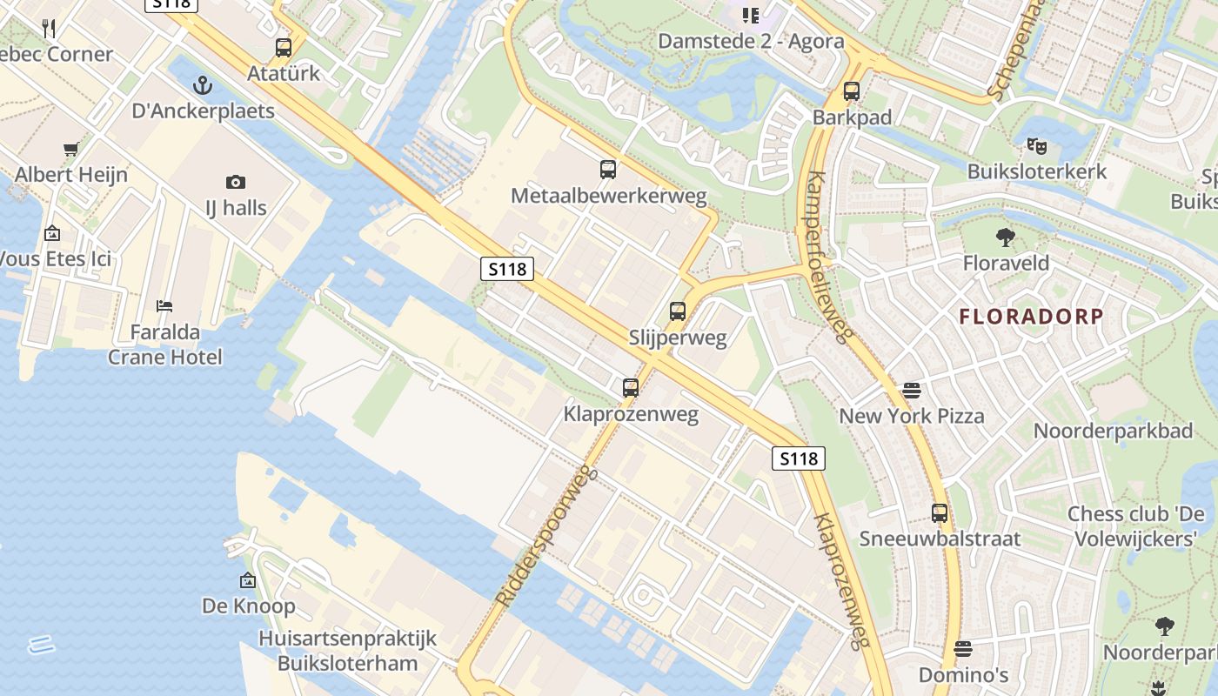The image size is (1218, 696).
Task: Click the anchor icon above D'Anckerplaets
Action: tap(202, 85)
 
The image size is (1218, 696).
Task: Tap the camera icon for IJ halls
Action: tap(235, 182)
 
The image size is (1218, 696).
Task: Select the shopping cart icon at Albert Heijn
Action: tap(71, 149)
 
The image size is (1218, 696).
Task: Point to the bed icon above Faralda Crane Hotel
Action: tap(164, 306)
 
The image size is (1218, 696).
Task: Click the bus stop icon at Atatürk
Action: tap(284, 48)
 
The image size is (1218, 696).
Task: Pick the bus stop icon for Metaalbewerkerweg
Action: tap(608, 170)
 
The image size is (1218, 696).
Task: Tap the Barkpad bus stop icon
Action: tap(852, 91)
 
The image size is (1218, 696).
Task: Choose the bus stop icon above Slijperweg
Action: tap(678, 311)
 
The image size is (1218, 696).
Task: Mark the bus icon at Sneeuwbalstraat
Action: tap(940, 513)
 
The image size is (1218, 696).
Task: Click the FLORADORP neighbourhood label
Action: tap(1031, 317)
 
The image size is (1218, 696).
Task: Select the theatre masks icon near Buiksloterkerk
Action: tap(1036, 145)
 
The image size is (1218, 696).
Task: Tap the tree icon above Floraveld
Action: tap(1006, 237)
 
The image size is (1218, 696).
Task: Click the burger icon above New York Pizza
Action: tap(912, 391)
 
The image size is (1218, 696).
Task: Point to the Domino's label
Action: tap(963, 675)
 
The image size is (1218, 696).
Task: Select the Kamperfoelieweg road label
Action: tap(827, 257)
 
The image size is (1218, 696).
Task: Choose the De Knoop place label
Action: tap(249, 606)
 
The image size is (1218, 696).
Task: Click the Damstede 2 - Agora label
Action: tap(751, 41)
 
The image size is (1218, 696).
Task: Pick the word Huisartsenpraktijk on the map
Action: tap(347, 639)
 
